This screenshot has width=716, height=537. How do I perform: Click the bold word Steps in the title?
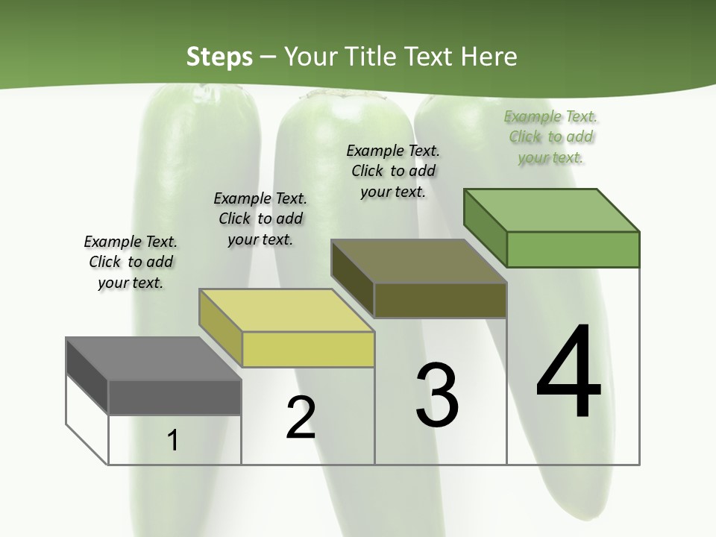[219, 57]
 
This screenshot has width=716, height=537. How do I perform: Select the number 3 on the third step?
[436, 395]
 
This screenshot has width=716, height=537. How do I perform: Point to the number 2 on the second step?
[301, 418]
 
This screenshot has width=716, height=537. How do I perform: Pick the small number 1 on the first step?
[173, 441]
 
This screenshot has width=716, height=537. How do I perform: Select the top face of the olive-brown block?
[418, 261]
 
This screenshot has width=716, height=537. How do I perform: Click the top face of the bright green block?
[552, 210]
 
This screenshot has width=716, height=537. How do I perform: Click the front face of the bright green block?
[573, 249]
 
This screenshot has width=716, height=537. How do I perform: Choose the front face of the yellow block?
[308, 349]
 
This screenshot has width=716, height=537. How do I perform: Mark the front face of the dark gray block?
[175, 398]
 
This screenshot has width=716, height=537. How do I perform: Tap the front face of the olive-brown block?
[440, 300]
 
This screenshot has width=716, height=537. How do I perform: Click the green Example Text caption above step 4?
[551, 137]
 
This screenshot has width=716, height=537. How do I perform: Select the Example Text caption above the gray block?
[131, 262]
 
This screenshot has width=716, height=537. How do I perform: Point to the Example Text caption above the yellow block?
[260, 219]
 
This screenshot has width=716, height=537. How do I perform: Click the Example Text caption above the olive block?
[393, 171]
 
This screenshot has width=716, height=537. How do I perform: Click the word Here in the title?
[489, 57]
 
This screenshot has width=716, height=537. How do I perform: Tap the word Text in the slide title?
[431, 57]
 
